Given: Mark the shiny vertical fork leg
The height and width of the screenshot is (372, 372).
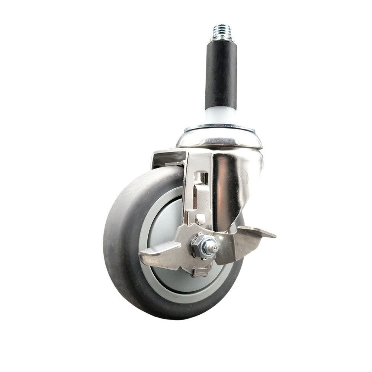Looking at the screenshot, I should (223, 186).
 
